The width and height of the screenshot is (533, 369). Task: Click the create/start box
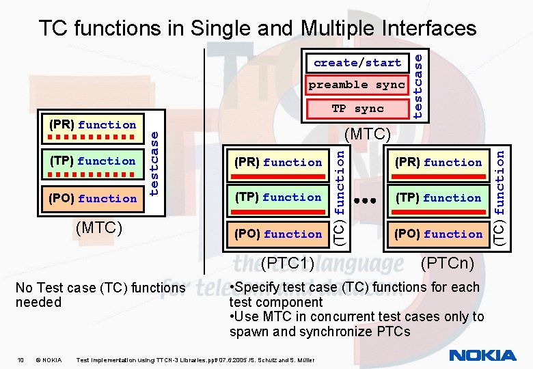pos(357,63)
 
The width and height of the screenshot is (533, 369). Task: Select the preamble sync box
pos(357,85)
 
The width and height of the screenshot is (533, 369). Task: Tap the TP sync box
pos(357,109)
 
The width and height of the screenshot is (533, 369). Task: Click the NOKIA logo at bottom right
pos(482,355)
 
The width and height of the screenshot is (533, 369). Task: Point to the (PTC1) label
pos(287,262)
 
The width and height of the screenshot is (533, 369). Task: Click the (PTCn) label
pos(448,262)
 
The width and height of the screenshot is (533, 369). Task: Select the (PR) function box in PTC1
pos(277,163)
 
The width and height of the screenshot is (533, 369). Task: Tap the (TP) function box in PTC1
pos(277,197)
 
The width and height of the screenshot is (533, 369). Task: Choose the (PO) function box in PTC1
pos(277,234)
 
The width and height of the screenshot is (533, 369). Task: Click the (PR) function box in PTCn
pos(438,163)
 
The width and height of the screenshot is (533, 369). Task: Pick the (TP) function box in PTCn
pos(438,197)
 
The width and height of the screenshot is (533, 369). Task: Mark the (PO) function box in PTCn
pos(438,234)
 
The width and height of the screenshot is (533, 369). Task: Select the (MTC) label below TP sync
pos(368,134)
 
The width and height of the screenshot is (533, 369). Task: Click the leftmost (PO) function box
pos(92,198)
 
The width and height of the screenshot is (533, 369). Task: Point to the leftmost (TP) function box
pos(92,161)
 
